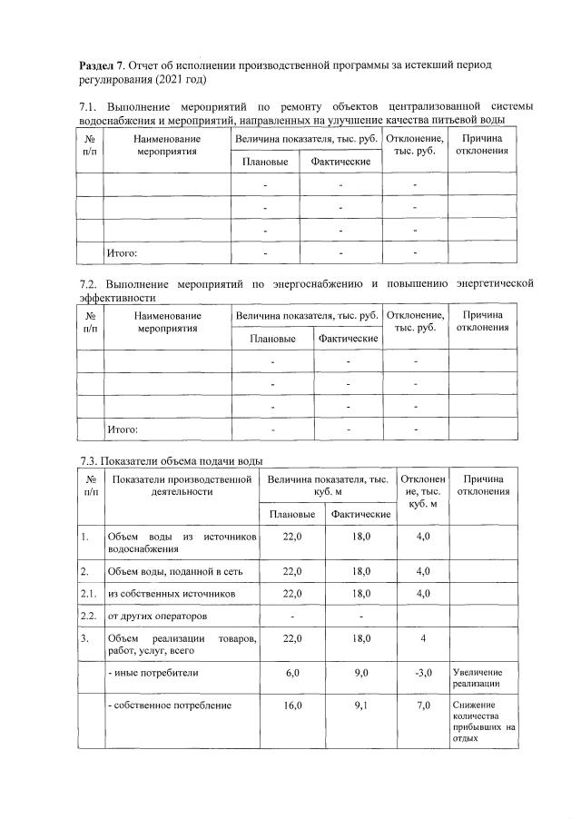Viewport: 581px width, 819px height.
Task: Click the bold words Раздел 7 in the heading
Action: [x=103, y=66]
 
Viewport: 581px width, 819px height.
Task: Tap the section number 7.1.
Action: [x=88, y=108]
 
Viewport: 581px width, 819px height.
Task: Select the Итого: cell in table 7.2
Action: [x=123, y=429]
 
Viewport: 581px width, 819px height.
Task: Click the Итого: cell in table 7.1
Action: [x=123, y=252]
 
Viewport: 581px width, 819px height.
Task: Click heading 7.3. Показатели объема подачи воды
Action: [x=172, y=460]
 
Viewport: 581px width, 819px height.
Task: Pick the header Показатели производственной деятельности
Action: [x=182, y=485]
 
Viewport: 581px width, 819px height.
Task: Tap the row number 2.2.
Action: [x=89, y=617]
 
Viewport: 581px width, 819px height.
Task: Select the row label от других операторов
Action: [x=151, y=617]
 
